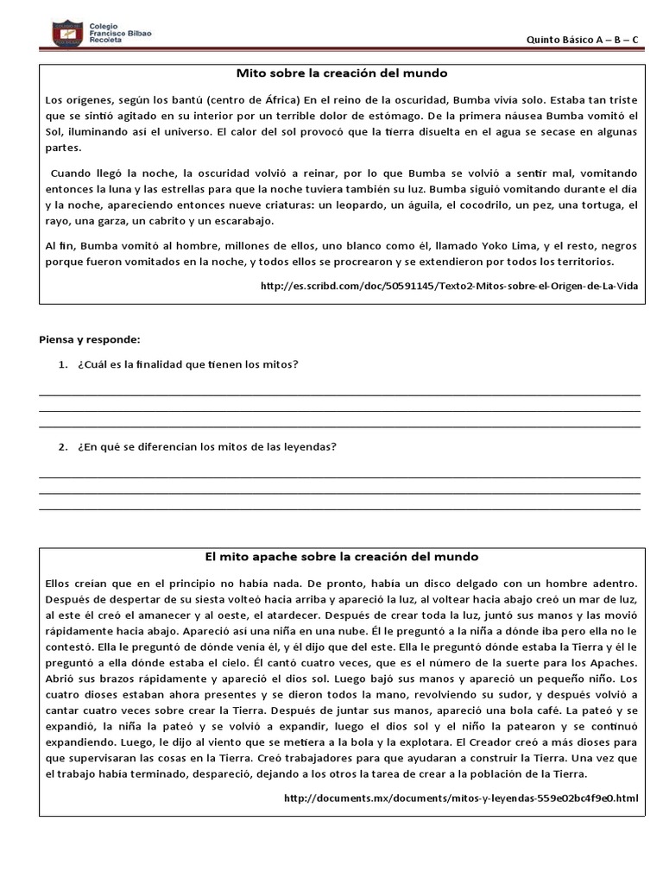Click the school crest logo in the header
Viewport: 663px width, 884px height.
[67, 34]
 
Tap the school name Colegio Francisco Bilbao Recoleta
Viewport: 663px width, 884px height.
[120, 34]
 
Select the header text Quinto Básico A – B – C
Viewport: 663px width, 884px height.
[583, 40]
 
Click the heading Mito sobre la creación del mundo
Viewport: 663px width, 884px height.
[342, 73]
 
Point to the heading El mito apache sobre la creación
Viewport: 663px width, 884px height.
[341, 557]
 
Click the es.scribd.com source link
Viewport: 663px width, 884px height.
[449, 287]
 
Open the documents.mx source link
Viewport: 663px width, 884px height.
[461, 799]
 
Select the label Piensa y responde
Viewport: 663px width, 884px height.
[90, 338]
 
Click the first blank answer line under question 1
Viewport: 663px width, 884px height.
[340, 395]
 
